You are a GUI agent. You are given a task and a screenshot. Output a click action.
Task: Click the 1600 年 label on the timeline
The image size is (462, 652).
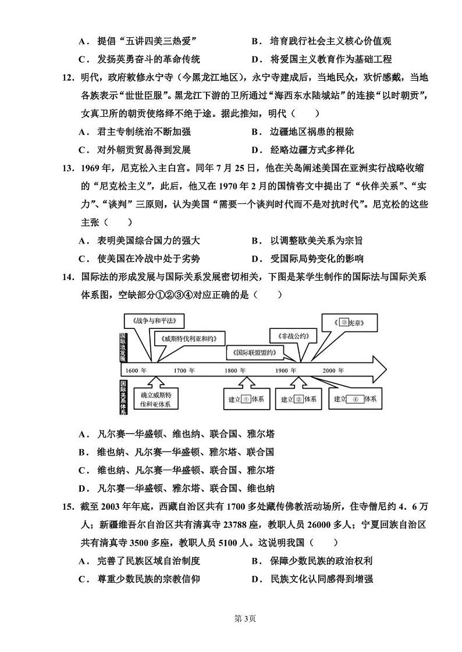[x=136, y=370]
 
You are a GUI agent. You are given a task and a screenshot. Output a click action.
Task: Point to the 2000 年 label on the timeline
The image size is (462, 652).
[x=333, y=370]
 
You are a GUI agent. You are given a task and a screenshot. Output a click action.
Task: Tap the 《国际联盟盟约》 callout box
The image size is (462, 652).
[x=254, y=352]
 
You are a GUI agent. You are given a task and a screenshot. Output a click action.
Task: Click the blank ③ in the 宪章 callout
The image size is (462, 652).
[x=344, y=322]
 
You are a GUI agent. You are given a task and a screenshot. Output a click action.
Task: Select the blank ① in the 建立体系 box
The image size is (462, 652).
[x=246, y=399]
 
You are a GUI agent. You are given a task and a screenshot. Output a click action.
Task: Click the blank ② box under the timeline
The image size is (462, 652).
[x=298, y=399]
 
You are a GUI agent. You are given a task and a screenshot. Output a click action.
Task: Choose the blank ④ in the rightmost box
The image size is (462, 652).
[x=355, y=399]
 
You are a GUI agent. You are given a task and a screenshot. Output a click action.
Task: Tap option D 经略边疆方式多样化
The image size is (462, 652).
[x=312, y=149]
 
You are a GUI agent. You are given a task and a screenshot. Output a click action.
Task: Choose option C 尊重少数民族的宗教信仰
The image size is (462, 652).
[x=150, y=579]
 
